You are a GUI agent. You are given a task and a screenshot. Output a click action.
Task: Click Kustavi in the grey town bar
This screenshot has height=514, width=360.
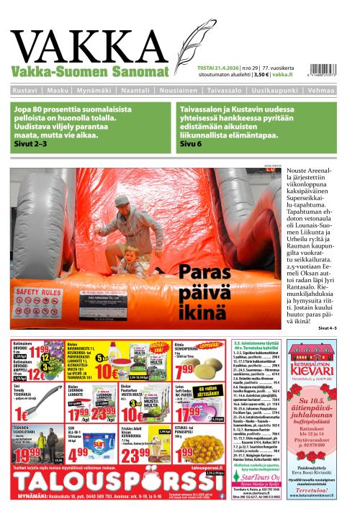pos(26,91)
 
